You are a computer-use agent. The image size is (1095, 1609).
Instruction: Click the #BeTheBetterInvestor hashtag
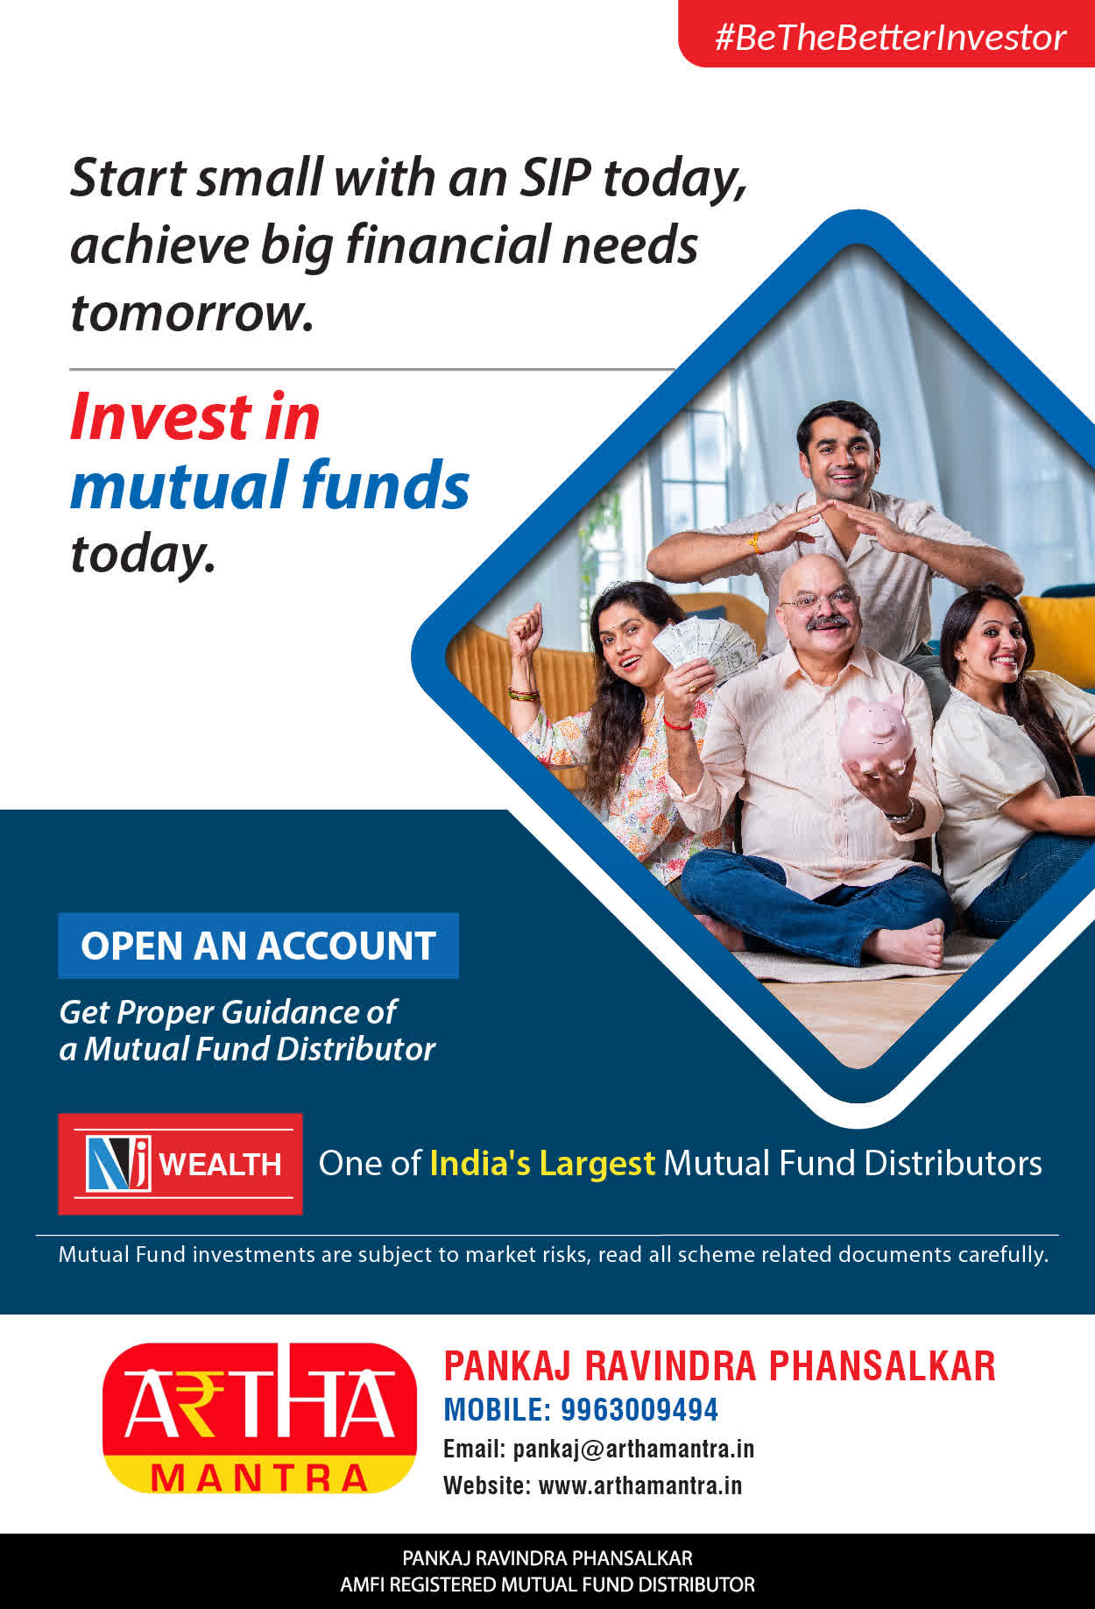tap(890, 38)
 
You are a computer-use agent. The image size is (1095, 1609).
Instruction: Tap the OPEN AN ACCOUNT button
tap(258, 946)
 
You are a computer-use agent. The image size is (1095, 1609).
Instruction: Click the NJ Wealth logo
tap(180, 1164)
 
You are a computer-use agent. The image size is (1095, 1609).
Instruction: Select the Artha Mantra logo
tap(259, 1418)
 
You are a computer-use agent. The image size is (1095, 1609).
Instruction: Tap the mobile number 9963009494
tap(639, 1409)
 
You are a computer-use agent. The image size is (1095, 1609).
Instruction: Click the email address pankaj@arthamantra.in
tap(633, 1449)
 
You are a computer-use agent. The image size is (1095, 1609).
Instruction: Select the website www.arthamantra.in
tap(639, 1485)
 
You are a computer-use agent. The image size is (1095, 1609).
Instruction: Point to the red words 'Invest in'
tap(195, 416)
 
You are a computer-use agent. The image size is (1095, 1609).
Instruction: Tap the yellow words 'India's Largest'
tap(542, 1163)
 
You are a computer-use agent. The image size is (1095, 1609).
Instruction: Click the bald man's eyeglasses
tap(818, 600)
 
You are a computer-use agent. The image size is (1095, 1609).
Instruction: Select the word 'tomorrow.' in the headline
tap(192, 314)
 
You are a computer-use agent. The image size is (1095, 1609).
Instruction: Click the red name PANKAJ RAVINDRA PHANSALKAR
tap(720, 1366)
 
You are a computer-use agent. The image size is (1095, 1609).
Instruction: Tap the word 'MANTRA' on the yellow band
tap(259, 1478)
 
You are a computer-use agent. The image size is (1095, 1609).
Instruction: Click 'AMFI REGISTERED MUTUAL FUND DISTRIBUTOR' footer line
tap(547, 1584)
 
